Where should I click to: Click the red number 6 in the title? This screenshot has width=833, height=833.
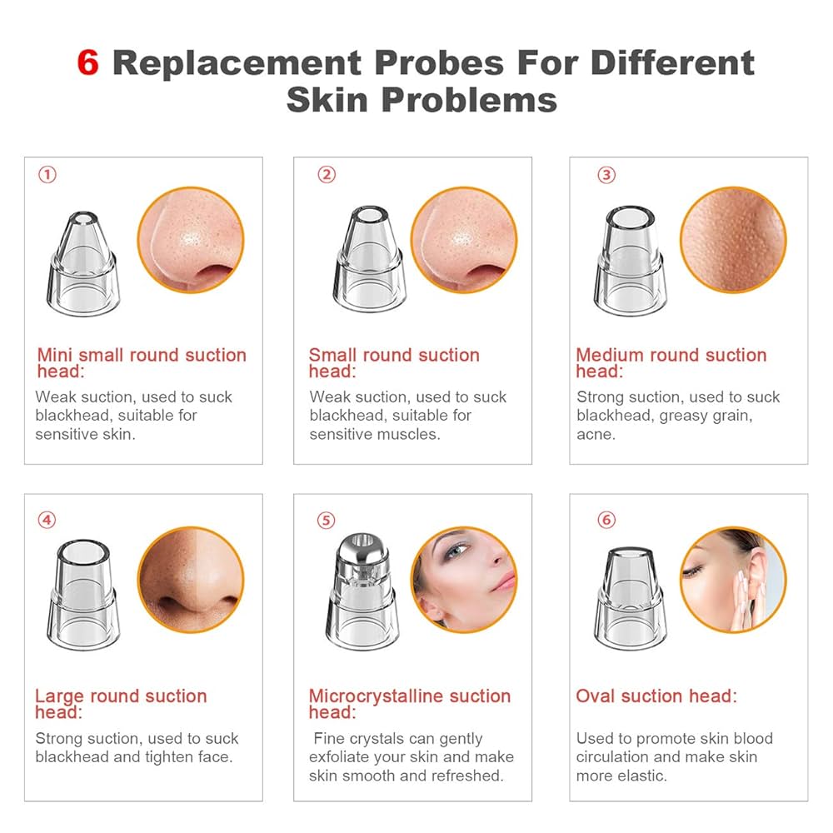(x=88, y=62)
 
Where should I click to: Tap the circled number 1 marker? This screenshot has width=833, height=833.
(x=47, y=174)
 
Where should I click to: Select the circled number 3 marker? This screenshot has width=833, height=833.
(x=606, y=175)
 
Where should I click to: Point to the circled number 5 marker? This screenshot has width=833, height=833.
(x=327, y=520)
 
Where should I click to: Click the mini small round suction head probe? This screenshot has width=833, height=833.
(x=83, y=263)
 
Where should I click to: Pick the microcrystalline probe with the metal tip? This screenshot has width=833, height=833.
(x=362, y=591)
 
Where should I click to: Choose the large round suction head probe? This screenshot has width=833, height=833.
(x=83, y=595)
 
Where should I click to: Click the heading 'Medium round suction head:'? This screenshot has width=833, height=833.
(x=671, y=363)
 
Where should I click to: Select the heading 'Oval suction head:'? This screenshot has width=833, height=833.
(x=656, y=696)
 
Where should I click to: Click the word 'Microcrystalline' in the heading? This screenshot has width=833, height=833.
(x=376, y=696)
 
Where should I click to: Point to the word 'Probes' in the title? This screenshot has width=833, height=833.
(x=439, y=62)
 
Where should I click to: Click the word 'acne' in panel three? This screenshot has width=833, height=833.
(x=595, y=435)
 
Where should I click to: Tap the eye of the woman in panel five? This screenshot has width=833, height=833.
(x=456, y=552)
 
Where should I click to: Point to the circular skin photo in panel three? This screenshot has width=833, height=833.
(x=733, y=240)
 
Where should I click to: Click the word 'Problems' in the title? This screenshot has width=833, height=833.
(x=469, y=100)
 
